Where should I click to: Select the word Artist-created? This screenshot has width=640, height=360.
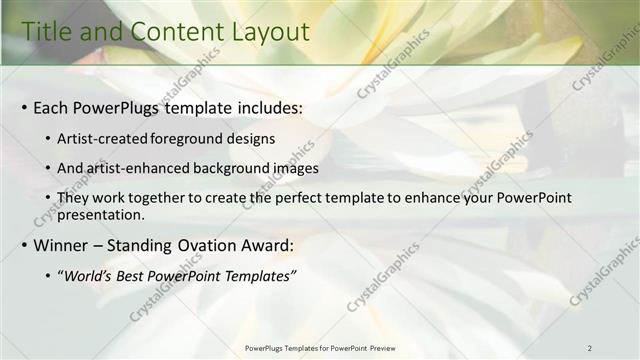pyautogui.click(x=103, y=137)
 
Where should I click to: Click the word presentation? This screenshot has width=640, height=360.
pyautogui.click(x=101, y=214)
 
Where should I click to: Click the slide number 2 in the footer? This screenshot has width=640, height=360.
pyautogui.click(x=589, y=348)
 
